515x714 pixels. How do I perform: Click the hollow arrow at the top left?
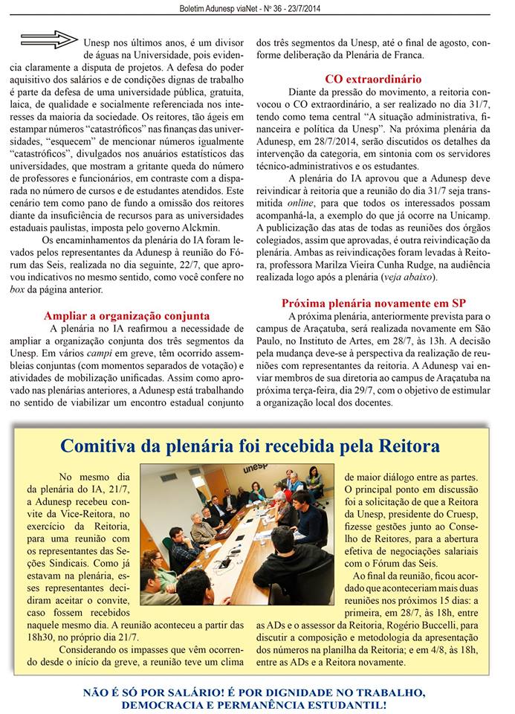point(48,39)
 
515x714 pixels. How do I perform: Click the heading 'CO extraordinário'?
point(373,79)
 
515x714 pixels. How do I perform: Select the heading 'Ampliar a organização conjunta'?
point(126,315)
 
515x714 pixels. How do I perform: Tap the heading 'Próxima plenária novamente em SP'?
point(373,303)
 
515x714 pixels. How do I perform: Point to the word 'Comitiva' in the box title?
point(102,446)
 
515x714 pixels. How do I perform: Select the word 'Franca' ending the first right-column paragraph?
point(406,55)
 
